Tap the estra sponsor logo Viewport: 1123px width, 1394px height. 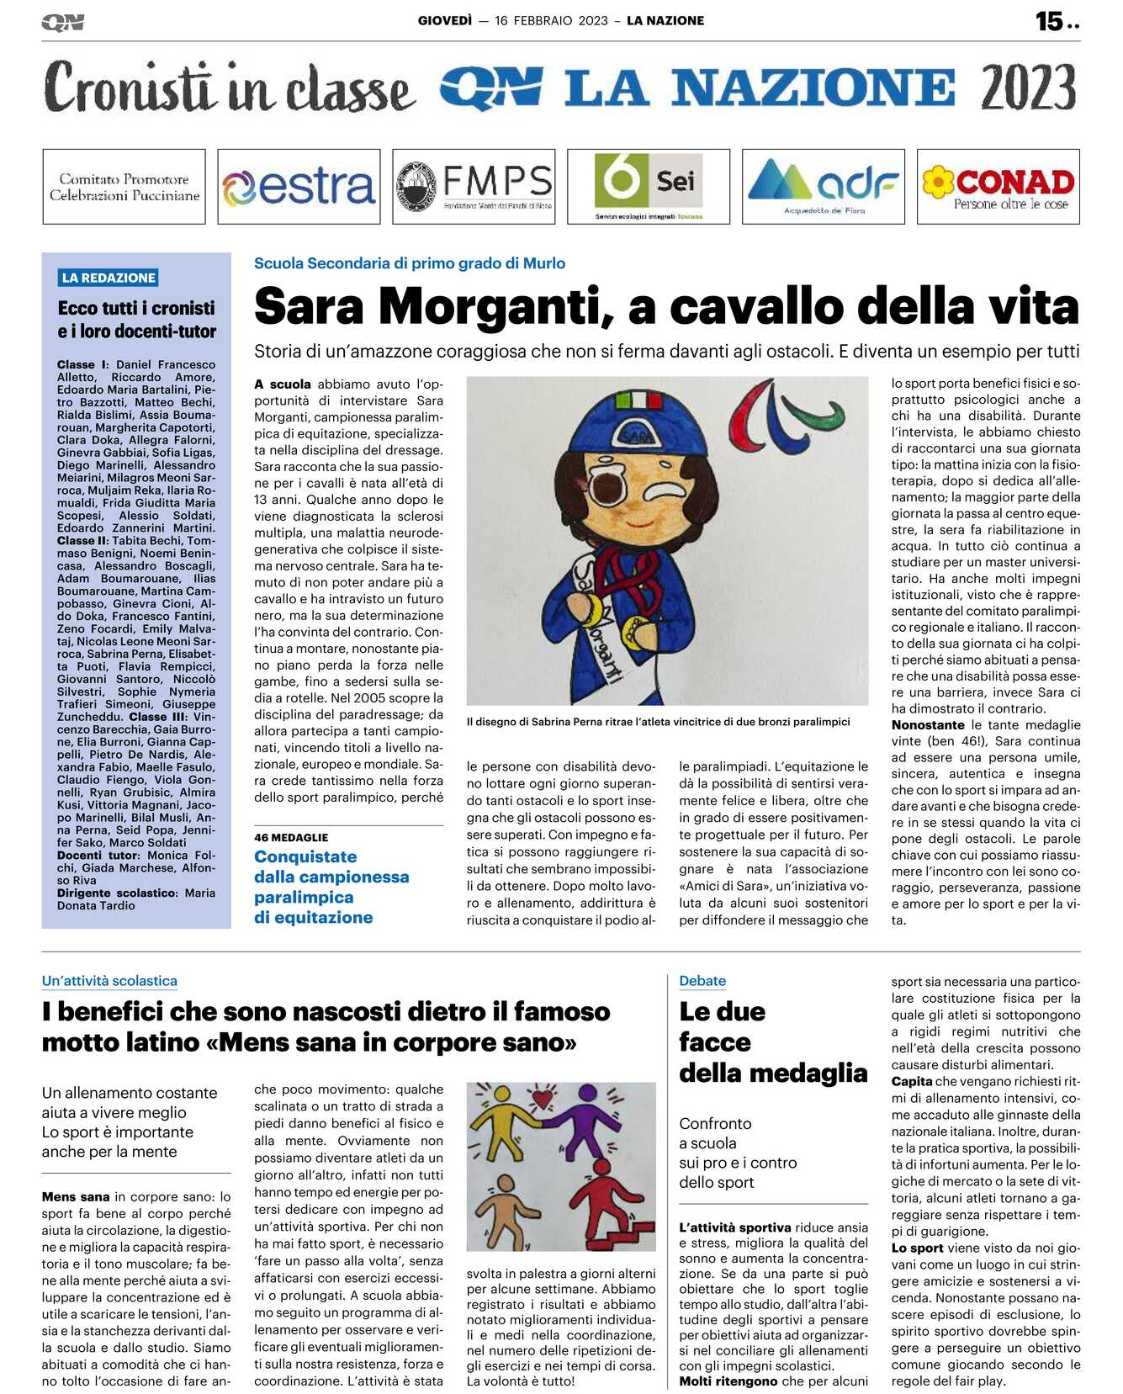[299, 187]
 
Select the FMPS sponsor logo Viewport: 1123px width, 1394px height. [474, 187]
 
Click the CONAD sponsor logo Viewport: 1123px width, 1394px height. [998, 187]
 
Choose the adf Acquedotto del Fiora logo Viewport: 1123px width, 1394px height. [823, 187]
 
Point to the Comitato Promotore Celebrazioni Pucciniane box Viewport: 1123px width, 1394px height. [124, 187]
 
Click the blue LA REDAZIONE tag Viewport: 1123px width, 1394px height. [109, 278]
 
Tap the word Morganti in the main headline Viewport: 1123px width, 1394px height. [495, 306]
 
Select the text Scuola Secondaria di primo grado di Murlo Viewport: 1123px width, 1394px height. [410, 263]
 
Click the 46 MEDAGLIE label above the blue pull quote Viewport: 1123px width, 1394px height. [291, 837]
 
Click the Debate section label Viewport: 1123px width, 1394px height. [702, 981]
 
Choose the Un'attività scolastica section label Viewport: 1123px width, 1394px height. [109, 981]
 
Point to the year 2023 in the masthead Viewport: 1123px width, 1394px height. [1028, 88]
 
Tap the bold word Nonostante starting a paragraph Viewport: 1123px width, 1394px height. [928, 725]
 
